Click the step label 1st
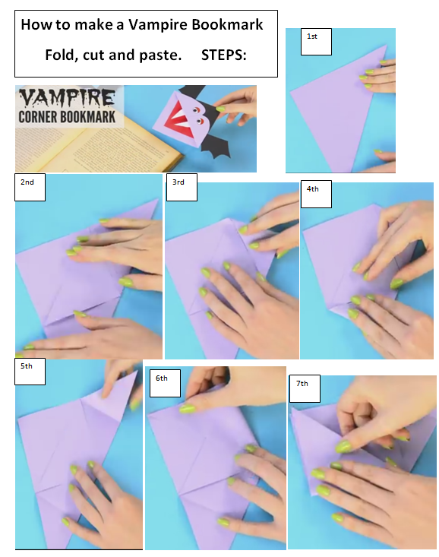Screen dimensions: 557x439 tap(311, 36)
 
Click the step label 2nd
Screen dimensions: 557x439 tap(27, 182)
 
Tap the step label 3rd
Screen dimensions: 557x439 tap(178, 183)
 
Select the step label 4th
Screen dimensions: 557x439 tap(313, 189)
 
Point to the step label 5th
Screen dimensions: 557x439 tap(27, 366)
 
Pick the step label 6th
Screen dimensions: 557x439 tap(162, 378)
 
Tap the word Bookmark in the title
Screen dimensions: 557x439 tap(227, 24)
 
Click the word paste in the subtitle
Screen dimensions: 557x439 tap(162, 55)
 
